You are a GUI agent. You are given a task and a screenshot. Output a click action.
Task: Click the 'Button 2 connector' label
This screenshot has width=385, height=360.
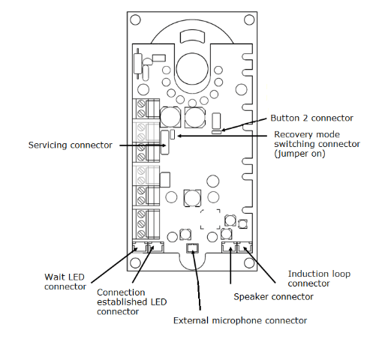point(311,118)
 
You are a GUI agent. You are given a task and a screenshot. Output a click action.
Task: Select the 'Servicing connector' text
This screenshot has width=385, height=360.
point(70,145)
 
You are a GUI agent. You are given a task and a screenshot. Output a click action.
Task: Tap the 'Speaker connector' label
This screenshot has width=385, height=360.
point(273,297)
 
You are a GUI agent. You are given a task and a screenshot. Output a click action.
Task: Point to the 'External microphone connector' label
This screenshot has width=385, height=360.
point(240,320)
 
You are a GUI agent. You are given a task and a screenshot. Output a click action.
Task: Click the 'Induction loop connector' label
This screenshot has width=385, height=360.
point(319,278)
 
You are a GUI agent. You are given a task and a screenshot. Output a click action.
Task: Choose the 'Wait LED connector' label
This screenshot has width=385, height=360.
point(65,282)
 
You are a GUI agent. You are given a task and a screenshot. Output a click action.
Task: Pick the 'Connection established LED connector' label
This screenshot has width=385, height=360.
point(131,301)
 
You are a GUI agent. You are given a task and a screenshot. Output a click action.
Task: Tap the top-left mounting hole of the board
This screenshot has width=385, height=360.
point(135,20)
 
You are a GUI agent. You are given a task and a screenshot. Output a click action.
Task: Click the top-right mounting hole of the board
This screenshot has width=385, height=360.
point(249,20)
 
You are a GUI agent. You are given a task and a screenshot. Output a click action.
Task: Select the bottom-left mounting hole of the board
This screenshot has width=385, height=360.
point(135,262)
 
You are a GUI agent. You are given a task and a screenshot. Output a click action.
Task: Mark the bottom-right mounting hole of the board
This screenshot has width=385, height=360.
point(249,262)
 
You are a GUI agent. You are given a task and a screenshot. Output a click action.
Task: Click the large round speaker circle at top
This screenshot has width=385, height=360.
point(192,69)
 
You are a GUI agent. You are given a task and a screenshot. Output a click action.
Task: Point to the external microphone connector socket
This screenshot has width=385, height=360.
point(192,247)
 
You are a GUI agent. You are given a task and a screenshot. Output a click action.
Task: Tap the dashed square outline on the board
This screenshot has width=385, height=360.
point(210,219)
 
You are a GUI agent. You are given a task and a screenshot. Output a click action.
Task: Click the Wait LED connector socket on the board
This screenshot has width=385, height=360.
point(140,247)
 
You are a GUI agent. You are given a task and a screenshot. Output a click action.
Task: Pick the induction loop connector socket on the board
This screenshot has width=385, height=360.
point(245,247)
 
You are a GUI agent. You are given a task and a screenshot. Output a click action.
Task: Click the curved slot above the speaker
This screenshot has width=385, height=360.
point(192,37)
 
